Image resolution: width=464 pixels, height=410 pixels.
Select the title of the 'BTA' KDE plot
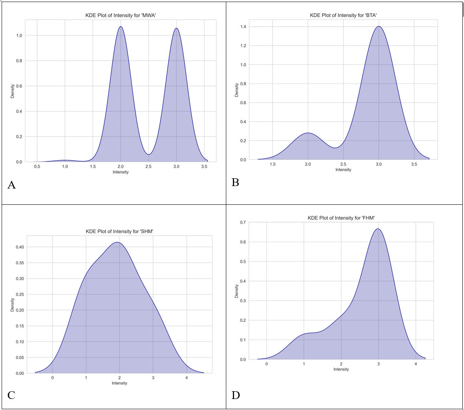pyautogui.click(x=343, y=16)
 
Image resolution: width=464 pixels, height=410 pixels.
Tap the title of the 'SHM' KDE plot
pyautogui.click(x=119, y=231)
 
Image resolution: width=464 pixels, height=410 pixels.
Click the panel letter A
pyautogui.click(x=11, y=185)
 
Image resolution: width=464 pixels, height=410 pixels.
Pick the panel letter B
pyautogui.click(x=235, y=182)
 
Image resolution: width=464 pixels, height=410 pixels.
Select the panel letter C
pyautogui.click(x=11, y=395)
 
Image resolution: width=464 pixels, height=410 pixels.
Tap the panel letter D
pyautogui.click(x=236, y=395)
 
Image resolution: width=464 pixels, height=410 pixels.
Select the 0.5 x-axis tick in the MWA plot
pyautogui.click(x=37, y=167)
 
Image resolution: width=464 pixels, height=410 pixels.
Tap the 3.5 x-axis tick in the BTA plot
pyautogui.click(x=414, y=164)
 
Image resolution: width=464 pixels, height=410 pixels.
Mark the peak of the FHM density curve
pyautogui.click(x=378, y=228)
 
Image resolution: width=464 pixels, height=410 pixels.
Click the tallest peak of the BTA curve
pyautogui.click(x=379, y=27)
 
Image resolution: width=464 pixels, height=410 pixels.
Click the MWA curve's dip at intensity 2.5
pyautogui.click(x=149, y=154)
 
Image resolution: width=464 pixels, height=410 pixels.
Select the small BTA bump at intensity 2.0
pyautogui.click(x=308, y=133)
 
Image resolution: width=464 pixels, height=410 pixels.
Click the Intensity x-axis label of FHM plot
pyautogui.click(x=341, y=369)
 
